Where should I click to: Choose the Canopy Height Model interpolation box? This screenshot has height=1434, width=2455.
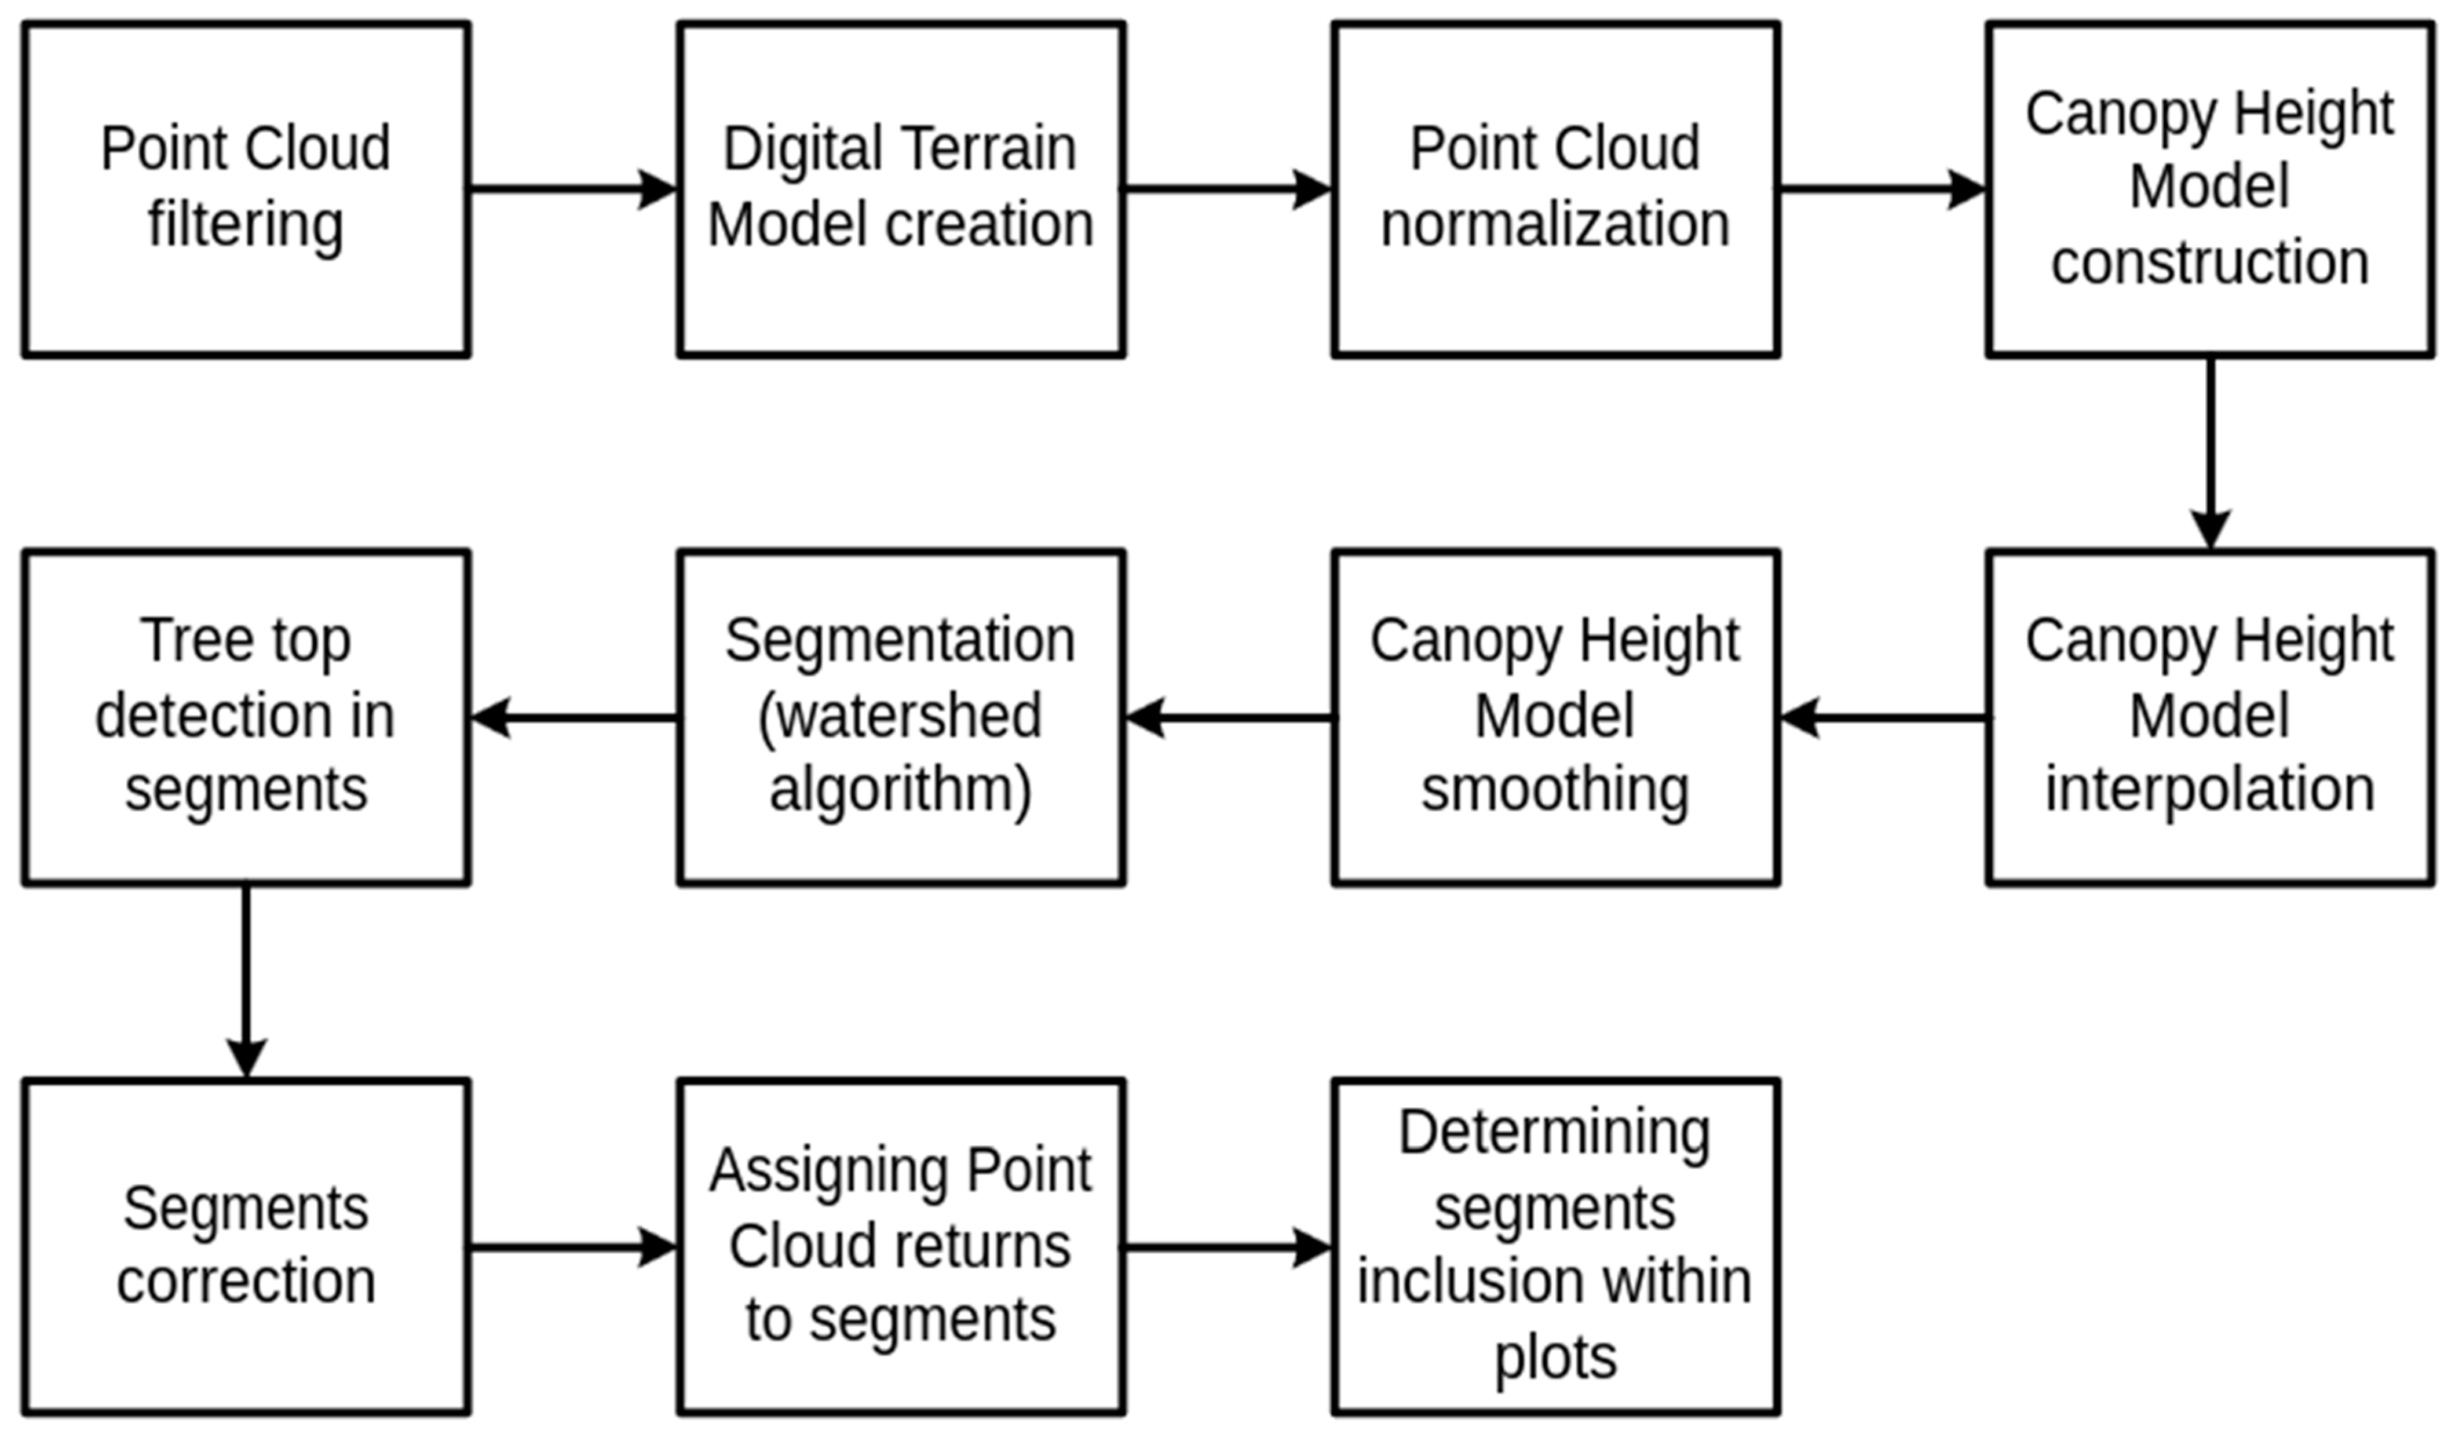click(x=2209, y=717)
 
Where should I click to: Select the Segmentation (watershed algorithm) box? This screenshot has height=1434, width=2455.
click(x=901, y=717)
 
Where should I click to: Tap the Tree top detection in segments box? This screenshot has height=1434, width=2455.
click(x=246, y=717)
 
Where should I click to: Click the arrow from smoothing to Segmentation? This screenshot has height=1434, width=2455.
click(x=1229, y=718)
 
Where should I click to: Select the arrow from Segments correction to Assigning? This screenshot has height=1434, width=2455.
click(x=573, y=1247)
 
